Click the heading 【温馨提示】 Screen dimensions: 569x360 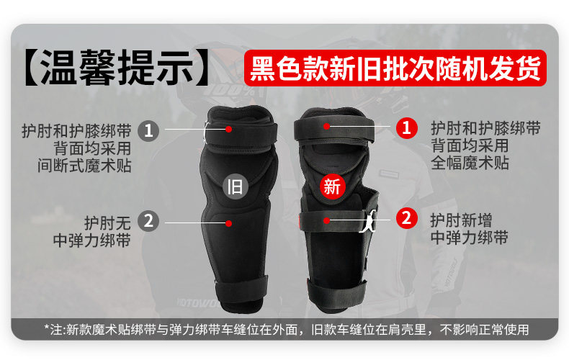pos(117,68)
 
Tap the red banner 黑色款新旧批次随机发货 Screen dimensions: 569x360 pos(395,68)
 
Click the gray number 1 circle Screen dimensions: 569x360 pos(148,130)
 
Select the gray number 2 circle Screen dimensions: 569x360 pos(148,221)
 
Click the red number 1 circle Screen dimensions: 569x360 pos(407,127)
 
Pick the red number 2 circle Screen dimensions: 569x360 pos(407,217)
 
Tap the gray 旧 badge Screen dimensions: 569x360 pos(235,187)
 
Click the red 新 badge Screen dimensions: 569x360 pos(332,187)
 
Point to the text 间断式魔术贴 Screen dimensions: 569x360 pos(84,166)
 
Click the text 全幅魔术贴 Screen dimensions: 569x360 pos(470,163)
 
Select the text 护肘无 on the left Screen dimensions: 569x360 pos(107,222)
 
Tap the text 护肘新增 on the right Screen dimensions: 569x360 pos(461,220)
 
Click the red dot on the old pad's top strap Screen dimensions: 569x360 pos(228,129)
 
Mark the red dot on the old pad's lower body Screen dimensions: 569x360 pos(228,223)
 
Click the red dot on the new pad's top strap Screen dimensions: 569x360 pos(326,126)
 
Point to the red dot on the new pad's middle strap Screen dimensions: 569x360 pos(326,220)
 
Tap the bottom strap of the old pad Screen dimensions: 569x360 pos(241,290)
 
